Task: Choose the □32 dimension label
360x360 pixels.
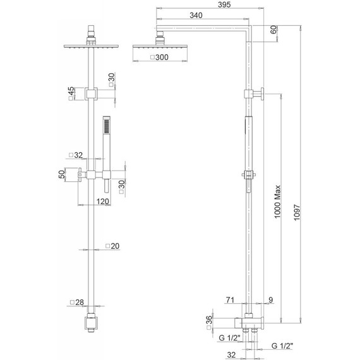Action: coord(75,155)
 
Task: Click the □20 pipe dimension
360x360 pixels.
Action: coord(111,246)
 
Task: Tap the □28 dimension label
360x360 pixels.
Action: coord(76,303)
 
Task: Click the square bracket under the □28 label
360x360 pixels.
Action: coord(92,322)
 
